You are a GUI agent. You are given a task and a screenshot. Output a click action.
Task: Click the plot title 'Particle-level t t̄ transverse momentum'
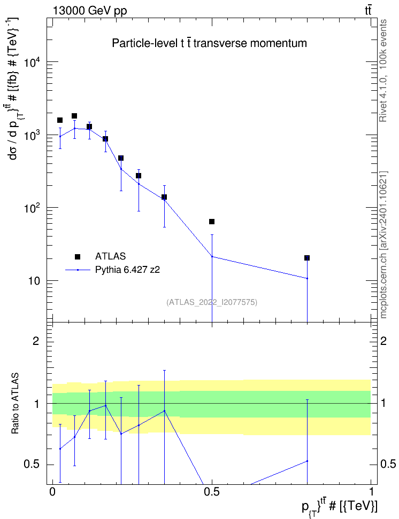(209, 43)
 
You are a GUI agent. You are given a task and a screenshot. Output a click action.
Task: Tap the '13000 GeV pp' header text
(90, 11)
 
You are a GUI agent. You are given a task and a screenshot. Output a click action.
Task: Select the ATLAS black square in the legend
(78, 256)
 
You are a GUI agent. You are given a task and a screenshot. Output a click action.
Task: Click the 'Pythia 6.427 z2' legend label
(127, 270)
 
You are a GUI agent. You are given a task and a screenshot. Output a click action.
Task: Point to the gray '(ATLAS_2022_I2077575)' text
(212, 302)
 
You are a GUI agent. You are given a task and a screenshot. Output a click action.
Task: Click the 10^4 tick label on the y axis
(33, 62)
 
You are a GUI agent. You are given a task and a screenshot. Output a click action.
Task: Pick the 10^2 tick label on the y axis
(33, 208)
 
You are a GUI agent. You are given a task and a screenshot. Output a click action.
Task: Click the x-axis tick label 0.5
(212, 492)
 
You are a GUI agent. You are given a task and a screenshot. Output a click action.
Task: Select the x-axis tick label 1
(371, 492)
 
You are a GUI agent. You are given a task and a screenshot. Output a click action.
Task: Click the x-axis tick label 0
(52, 492)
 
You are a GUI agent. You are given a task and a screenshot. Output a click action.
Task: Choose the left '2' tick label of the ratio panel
(36, 341)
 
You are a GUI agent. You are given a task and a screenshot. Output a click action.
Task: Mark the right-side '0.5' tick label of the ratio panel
(388, 464)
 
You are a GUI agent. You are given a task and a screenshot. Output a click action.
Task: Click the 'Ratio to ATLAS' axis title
(15, 404)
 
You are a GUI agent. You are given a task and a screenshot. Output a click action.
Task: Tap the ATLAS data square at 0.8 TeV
(307, 258)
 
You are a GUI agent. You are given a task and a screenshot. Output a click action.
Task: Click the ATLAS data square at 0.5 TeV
(212, 222)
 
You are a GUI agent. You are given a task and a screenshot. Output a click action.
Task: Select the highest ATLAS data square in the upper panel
(74, 116)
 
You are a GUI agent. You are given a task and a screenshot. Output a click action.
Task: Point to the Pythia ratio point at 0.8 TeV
(307, 461)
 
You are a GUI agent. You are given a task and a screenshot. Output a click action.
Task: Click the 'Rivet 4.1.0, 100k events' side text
(383, 70)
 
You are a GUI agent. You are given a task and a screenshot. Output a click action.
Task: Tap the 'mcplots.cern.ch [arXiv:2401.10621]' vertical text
(383, 245)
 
